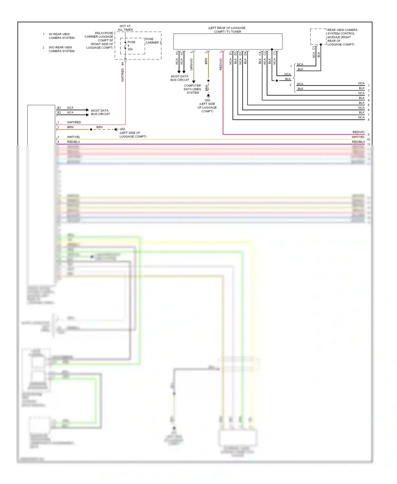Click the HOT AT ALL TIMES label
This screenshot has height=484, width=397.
[125, 28]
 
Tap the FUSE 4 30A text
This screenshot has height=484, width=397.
[131, 46]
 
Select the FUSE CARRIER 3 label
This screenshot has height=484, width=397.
[153, 41]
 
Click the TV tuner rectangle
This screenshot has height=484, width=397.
[228, 41]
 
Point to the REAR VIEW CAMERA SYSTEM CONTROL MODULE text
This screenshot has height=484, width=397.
[342, 37]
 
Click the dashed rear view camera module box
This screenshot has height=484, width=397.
[318, 37]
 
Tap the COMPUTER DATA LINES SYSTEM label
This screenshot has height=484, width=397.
[192, 89]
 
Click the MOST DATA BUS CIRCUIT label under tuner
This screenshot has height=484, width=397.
[180, 78]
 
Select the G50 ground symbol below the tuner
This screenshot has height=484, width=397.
[208, 96]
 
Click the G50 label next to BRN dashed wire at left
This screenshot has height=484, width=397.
[122, 129]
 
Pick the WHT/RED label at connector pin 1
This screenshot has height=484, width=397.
[74, 122]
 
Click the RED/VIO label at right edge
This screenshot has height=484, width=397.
[358, 132]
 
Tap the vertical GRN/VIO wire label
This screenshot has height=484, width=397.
[191, 64]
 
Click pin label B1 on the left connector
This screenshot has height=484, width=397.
[59, 108]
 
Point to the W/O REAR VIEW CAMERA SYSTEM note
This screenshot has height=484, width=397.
[61, 49]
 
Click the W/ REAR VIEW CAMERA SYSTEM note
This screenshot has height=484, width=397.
[61, 36]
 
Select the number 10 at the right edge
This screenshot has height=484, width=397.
[368, 140]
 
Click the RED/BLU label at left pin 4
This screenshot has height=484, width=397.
[73, 142]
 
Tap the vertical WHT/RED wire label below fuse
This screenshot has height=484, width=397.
[123, 75]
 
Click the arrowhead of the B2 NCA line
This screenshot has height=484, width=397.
[87, 115]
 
